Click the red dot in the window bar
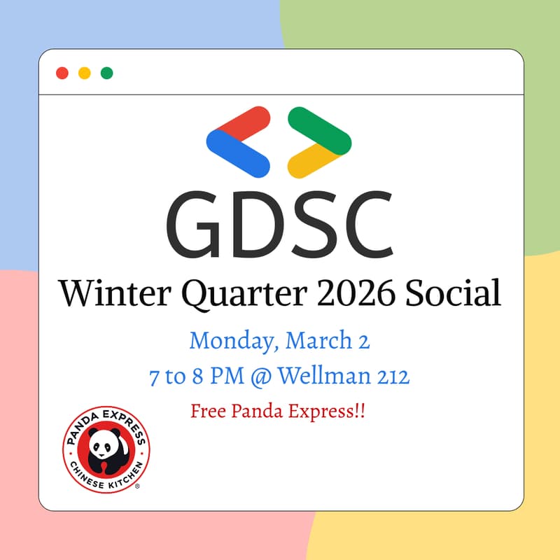pyautogui.click(x=62, y=73)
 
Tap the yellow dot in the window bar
pyautogui.click(x=84, y=73)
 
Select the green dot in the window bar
pyautogui.click(x=106, y=73)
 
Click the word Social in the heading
pyautogui.click(x=454, y=293)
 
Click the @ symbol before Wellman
pyautogui.click(x=260, y=377)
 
